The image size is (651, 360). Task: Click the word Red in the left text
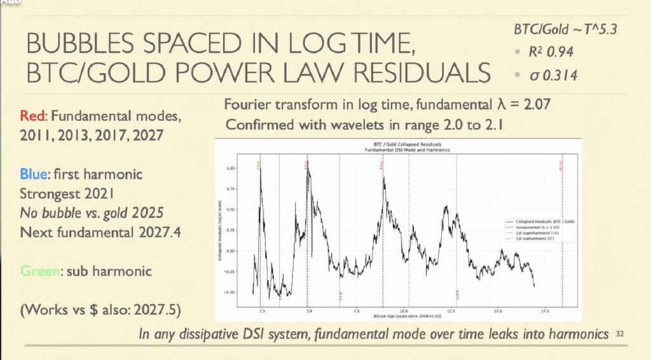32,117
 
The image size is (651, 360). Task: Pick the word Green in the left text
39,272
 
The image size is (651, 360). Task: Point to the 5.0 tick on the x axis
308,311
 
